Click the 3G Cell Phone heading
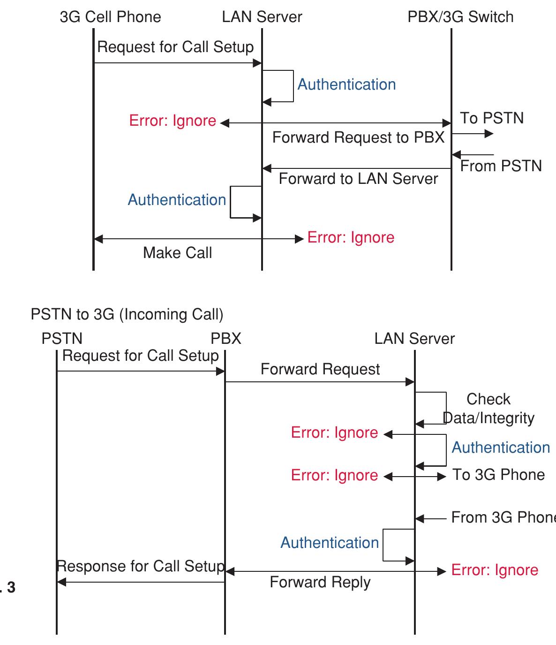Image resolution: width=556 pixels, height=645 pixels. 110,17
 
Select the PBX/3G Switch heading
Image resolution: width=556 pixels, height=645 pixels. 460,17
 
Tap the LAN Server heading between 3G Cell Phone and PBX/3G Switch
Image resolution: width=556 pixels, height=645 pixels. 262,17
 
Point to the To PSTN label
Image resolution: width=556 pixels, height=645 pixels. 491,118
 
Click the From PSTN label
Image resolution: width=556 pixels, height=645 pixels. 501,166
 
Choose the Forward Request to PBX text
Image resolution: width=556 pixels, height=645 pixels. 358,137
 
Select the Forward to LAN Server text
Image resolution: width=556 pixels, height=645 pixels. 358,179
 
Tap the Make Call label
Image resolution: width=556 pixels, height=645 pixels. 177,253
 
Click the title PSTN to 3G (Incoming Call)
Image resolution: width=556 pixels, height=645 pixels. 127,314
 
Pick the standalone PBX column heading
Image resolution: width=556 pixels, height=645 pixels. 225,339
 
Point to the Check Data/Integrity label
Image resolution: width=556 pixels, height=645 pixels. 488,409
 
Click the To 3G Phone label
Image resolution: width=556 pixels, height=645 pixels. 498,475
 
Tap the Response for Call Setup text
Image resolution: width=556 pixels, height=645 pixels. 141,566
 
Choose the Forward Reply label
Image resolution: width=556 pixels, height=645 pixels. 320,582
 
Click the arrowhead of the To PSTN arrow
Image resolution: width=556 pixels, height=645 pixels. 489,134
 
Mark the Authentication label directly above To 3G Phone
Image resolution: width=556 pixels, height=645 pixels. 501,448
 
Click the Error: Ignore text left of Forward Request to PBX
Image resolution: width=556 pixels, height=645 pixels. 173,121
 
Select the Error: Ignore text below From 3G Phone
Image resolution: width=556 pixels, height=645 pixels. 495,570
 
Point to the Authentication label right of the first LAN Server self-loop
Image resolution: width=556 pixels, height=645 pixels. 346,84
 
